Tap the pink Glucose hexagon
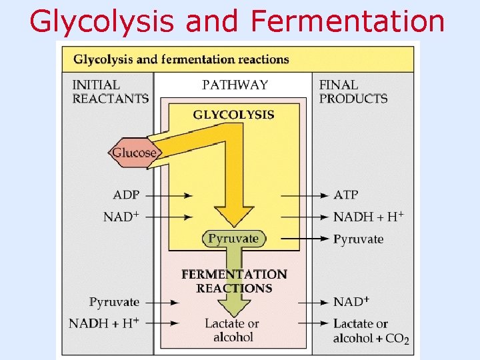[x=133, y=153]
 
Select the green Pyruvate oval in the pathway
[x=233, y=238]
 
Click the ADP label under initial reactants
[x=126, y=195]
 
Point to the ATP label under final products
[x=345, y=195]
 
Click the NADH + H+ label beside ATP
[x=368, y=217]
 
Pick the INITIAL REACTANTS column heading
[x=110, y=92]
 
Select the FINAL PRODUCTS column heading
[x=353, y=92]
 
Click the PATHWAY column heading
[x=235, y=85]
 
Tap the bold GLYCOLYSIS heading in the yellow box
[x=233, y=115]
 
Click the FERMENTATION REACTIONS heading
[x=234, y=281]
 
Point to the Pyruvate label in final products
[x=358, y=239]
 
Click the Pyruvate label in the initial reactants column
[x=114, y=302]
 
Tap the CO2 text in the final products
[x=397, y=339]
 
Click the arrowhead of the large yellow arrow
[x=234, y=217]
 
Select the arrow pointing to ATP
[x=305, y=195]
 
